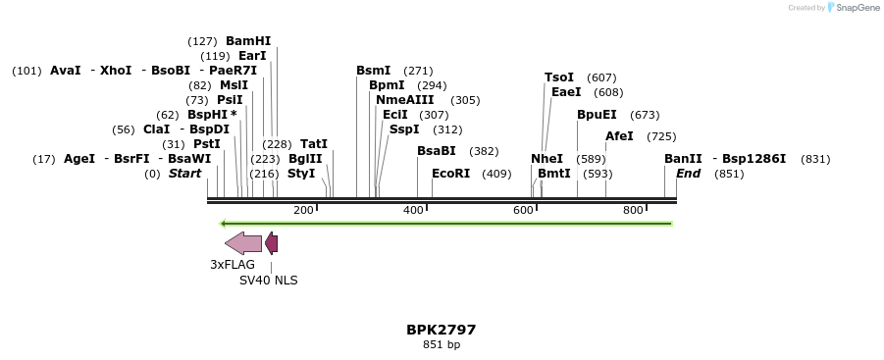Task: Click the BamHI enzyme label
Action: (248, 41)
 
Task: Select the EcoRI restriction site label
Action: (451, 174)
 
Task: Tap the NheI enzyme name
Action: (547, 159)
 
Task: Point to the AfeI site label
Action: (619, 136)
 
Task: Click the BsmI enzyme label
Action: (373, 71)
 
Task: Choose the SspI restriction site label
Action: (404, 129)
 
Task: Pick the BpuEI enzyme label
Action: (597, 115)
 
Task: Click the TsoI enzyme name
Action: (559, 77)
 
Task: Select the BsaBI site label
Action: (437, 151)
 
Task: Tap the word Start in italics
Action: (184, 174)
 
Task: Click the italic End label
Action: (688, 174)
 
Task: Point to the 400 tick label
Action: (413, 211)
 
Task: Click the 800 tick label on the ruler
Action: (633, 211)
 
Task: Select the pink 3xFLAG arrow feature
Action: (243, 243)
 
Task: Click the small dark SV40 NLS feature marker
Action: (272, 243)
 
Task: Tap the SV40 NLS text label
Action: (269, 280)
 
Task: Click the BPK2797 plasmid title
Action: (442, 330)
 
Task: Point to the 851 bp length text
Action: (442, 344)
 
